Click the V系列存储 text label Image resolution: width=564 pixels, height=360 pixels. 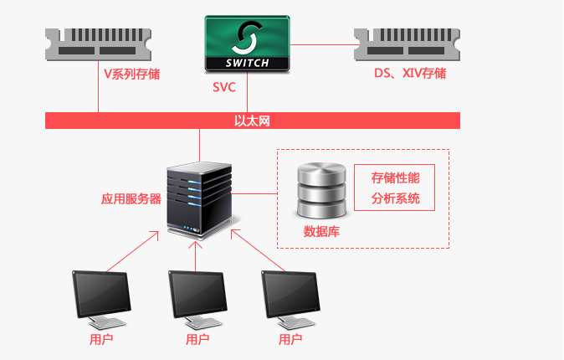pos(131,74)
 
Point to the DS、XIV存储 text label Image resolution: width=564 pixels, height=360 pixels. pos(410,74)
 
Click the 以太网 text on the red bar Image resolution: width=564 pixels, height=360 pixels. pos(252,121)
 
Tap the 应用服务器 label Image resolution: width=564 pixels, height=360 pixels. pos(131,199)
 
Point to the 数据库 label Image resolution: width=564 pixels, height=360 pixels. pos(321,231)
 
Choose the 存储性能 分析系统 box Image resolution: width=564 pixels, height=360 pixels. pos(396,188)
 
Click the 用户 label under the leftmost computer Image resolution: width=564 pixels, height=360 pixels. pos(101,340)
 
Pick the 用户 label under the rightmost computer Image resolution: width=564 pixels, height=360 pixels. pos(290,340)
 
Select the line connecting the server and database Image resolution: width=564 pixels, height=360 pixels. pos(255,193)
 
